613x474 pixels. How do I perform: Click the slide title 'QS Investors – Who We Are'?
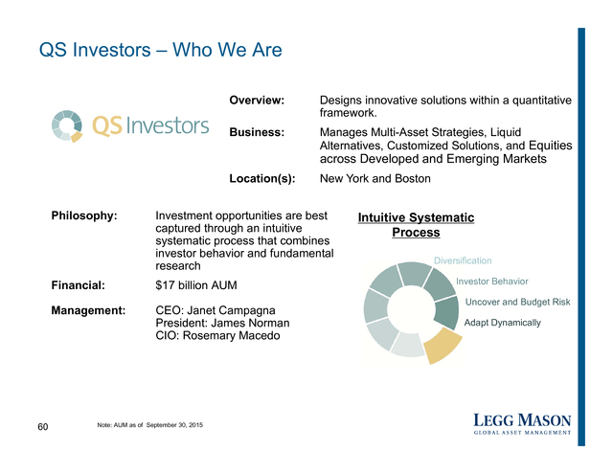pos(160,50)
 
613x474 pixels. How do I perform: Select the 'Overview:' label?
pos(257,101)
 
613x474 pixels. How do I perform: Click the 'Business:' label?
pos(257,132)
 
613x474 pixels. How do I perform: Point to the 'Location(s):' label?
pos(262,178)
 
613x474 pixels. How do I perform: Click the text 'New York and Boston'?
pos(375,178)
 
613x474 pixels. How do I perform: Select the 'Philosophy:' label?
pos(84,215)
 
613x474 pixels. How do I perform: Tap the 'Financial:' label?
pos(79,285)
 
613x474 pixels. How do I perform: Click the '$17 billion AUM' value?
pos(195,285)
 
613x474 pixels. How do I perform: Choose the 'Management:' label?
pos(88,310)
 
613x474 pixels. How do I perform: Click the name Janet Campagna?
pos(231,310)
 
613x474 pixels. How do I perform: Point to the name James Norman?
pos(250,323)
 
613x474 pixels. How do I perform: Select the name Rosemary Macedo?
pos(232,336)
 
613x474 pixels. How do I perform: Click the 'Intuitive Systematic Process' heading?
pos(416,225)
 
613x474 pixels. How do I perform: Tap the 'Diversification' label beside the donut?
pos(463,260)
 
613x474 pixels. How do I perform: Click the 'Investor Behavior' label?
pos(491,282)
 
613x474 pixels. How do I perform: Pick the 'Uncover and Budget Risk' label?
pos(517,302)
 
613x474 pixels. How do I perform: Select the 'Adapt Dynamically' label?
pos(502,323)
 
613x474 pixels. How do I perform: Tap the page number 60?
pos(42,427)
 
